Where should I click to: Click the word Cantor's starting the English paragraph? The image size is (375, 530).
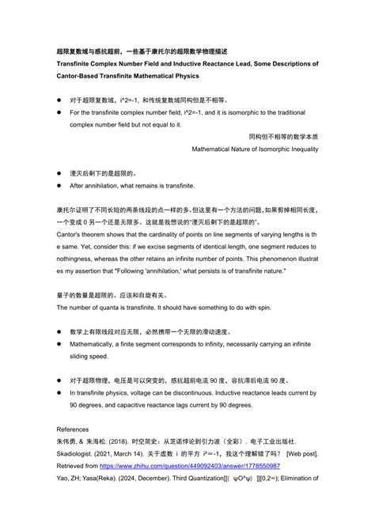[72, 236]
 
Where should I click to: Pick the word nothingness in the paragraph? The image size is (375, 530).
[83, 258]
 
